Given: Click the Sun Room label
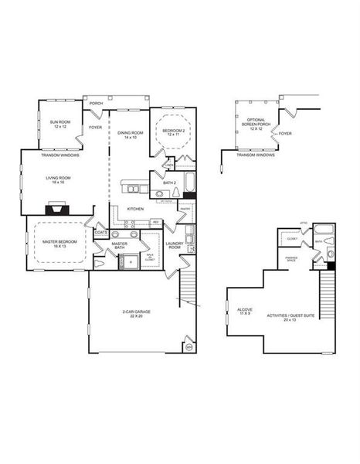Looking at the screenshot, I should pos(57,125).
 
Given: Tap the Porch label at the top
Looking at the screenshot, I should pos(97,103).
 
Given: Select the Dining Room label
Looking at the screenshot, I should pos(131,135).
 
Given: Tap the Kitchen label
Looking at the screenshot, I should pos(136,209).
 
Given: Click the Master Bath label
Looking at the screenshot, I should pos(119,246).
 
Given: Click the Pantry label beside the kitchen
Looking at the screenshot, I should pos(185,209).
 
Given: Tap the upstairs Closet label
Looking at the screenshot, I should pos(292,238).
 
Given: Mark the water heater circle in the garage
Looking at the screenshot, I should pos(187,346).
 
